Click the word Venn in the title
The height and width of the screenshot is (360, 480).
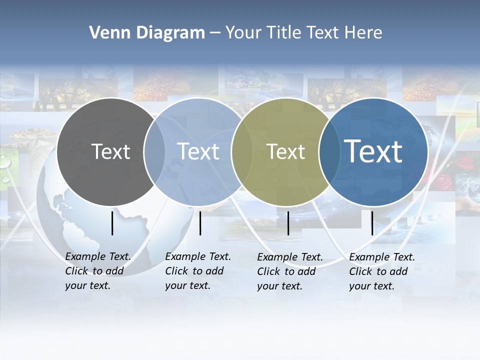(107, 33)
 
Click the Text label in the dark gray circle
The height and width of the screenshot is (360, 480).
(110, 151)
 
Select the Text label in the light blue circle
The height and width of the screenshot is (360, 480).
(198, 151)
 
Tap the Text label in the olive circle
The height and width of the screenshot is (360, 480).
(286, 151)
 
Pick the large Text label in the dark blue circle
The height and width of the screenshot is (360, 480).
(373, 151)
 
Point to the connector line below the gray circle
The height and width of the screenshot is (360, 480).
(112, 223)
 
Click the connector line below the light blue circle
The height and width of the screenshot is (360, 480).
(200, 223)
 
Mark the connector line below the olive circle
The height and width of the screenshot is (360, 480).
(288, 223)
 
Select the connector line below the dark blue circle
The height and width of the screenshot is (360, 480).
(372, 223)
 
